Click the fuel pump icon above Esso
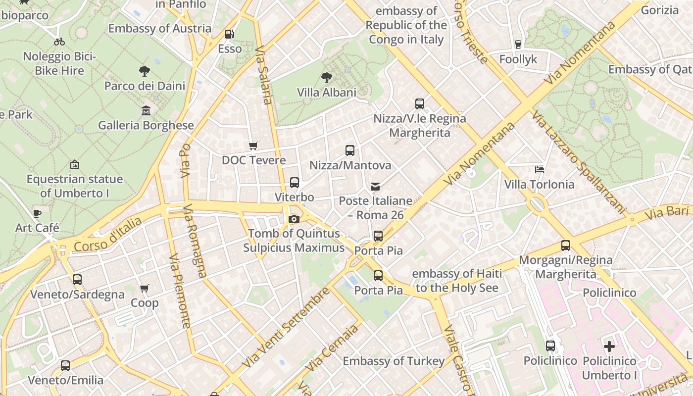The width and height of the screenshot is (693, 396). (229, 34)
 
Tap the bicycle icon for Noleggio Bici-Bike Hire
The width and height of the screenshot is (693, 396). (59, 42)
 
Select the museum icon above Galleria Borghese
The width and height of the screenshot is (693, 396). (146, 110)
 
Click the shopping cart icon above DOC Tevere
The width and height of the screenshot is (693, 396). (253, 146)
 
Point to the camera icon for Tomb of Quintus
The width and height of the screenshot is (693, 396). (294, 219)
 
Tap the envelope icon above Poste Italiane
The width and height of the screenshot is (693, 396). (375, 187)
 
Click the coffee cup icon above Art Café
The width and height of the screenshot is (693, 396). (37, 213)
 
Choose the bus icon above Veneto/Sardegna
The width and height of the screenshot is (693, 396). (77, 280)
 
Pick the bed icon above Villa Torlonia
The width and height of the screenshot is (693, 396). (540, 170)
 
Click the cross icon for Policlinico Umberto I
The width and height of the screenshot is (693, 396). (609, 346)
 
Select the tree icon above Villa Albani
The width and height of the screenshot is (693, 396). (326, 78)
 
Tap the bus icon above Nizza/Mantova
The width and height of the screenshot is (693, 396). (350, 150)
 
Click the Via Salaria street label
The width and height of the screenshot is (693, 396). (264, 75)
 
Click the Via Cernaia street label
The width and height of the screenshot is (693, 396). (332, 347)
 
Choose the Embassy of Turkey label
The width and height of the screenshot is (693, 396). (394, 361)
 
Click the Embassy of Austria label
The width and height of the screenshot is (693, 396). (160, 28)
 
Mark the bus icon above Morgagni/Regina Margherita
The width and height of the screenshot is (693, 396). (565, 246)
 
